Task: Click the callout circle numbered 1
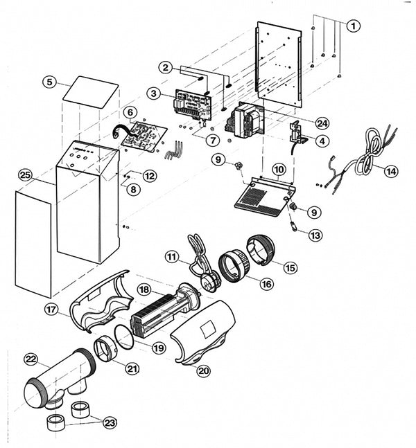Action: point(354,26)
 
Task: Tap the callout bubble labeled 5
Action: point(49,82)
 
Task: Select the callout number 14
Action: point(392,171)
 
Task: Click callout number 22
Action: point(30,359)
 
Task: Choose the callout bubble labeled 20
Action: point(203,371)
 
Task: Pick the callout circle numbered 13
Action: point(315,235)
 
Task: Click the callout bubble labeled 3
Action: point(154,93)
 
